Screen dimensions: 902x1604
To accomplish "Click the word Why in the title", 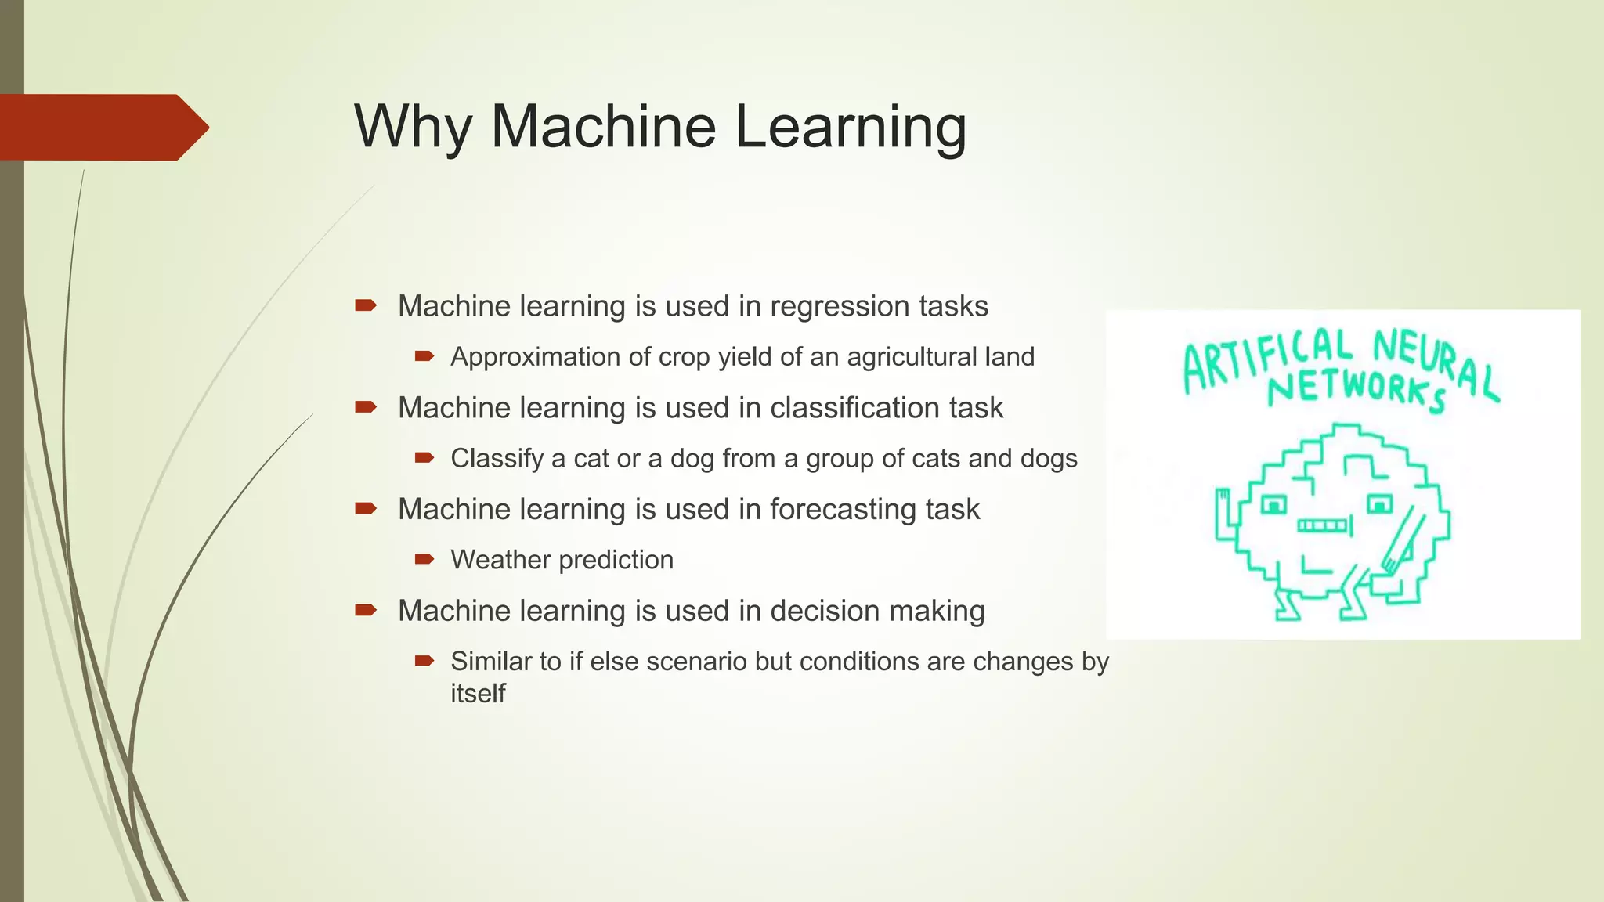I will (x=413, y=127).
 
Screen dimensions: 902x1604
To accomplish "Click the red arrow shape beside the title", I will (x=102, y=127).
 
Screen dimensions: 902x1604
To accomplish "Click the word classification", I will (x=854, y=408).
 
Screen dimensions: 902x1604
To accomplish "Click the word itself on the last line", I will (x=478, y=694).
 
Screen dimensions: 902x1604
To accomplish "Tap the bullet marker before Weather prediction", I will (x=424, y=559).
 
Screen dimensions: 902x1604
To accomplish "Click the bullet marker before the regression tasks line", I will (x=366, y=305).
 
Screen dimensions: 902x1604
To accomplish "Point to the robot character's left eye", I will (x=1274, y=505).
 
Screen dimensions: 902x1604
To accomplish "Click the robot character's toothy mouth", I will (x=1324, y=525).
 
